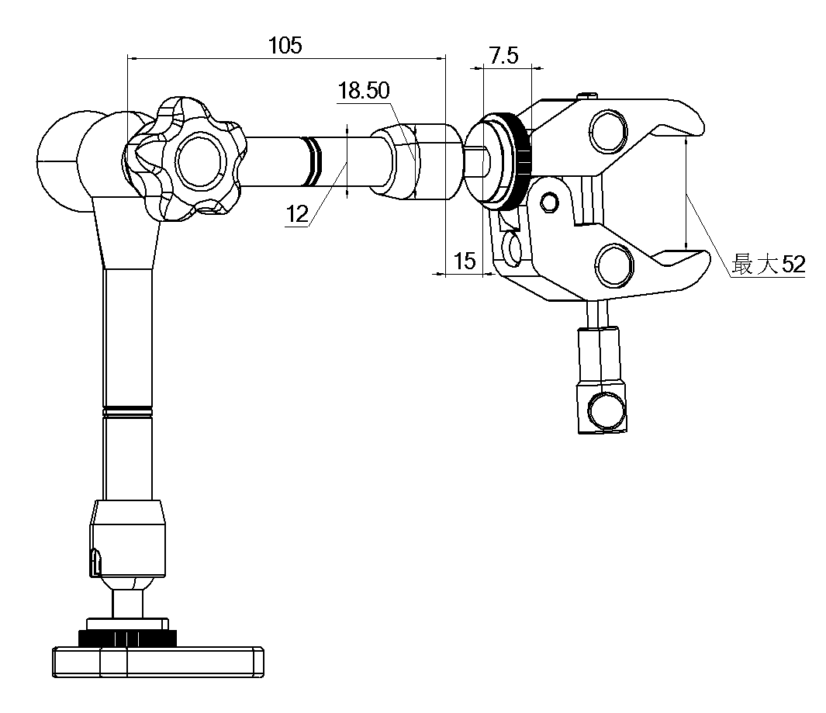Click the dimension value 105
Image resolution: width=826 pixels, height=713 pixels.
(285, 45)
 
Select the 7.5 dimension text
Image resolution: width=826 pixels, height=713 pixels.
(504, 55)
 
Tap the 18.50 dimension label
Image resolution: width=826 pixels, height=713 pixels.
(363, 91)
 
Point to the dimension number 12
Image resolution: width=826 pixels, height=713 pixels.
(296, 215)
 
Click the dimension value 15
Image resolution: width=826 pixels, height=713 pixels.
(464, 261)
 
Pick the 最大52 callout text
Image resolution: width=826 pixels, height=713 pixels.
(769, 265)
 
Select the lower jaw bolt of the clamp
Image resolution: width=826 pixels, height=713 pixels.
(615, 265)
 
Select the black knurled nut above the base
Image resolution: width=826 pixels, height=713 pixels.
(128, 638)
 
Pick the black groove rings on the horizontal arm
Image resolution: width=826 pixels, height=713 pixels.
(313, 161)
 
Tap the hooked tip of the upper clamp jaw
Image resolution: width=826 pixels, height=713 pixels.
(687, 125)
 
